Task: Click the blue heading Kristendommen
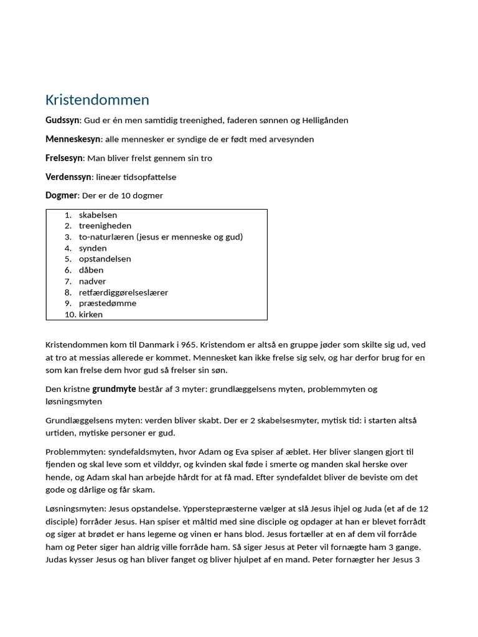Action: point(97,100)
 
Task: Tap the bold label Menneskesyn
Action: point(73,139)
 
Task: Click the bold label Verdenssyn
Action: point(68,177)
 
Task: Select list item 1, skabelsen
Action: point(98,215)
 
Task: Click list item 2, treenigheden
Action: point(105,226)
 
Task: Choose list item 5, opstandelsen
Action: point(105,259)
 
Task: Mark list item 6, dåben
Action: point(91,270)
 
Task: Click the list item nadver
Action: point(92,281)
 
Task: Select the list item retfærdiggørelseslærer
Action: point(123,292)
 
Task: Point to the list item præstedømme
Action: point(107,304)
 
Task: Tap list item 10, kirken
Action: point(91,315)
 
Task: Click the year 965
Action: point(189,345)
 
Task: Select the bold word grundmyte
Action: point(113,389)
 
